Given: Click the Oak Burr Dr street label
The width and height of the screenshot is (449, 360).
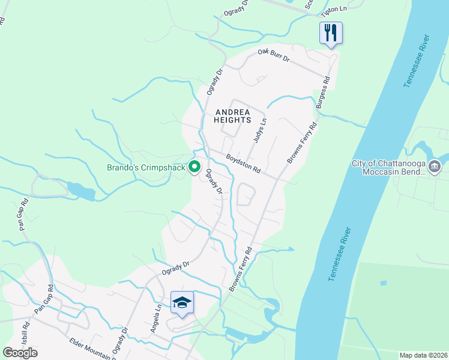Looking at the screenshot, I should (x=274, y=56).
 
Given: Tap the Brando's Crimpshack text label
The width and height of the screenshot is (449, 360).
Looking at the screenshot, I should (x=145, y=167).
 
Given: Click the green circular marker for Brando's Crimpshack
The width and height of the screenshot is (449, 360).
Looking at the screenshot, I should (x=194, y=167).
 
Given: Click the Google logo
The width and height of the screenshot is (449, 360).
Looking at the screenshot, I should (x=20, y=352).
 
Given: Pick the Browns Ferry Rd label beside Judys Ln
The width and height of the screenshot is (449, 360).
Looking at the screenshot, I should (x=301, y=143).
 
